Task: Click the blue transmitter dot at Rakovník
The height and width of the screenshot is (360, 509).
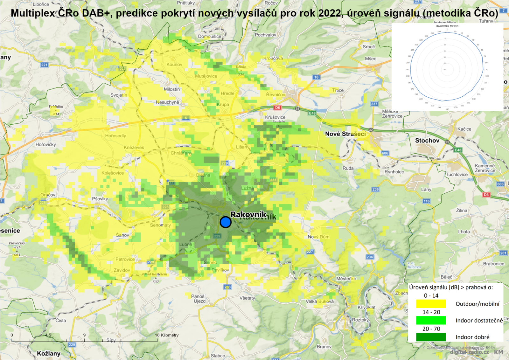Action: pyautogui.click(x=225, y=222)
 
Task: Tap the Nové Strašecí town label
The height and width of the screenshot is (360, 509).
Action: pyautogui.click(x=345, y=134)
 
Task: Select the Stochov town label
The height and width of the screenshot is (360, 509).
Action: pyautogui.click(x=427, y=140)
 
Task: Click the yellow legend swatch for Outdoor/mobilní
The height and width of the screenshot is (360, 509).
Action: pyautogui.click(x=431, y=304)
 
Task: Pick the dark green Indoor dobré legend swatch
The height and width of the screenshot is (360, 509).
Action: pyautogui.click(x=431, y=337)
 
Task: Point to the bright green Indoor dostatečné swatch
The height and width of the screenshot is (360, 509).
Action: pyautogui.click(x=431, y=320)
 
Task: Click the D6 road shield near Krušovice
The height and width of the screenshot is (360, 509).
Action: pyautogui.click(x=277, y=107)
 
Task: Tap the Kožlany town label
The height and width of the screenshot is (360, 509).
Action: pyautogui.click(x=48, y=353)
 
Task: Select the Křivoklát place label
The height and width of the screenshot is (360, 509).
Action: pyautogui.click(x=366, y=307)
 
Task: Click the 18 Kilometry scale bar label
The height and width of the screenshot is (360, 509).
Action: pyautogui.click(x=167, y=335)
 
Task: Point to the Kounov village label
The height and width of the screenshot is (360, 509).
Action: pyautogui.click(x=174, y=65)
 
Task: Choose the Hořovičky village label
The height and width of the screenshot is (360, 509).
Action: pyautogui.click(x=45, y=144)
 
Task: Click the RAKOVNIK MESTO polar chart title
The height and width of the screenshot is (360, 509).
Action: pyautogui.click(x=447, y=26)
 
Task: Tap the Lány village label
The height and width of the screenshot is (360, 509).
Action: pyautogui.click(x=426, y=190)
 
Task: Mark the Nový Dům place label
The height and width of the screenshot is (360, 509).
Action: pyautogui.click(x=318, y=237)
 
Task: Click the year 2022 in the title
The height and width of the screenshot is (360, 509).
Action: pyautogui.click(x=330, y=13)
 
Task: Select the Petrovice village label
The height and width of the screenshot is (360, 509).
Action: pyautogui.click(x=125, y=259)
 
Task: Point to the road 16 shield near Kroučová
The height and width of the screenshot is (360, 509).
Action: pyautogui.click(x=316, y=77)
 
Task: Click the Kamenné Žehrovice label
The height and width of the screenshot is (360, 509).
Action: pyautogui.click(x=485, y=168)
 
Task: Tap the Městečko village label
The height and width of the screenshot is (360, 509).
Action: pyautogui.click(x=346, y=279)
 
